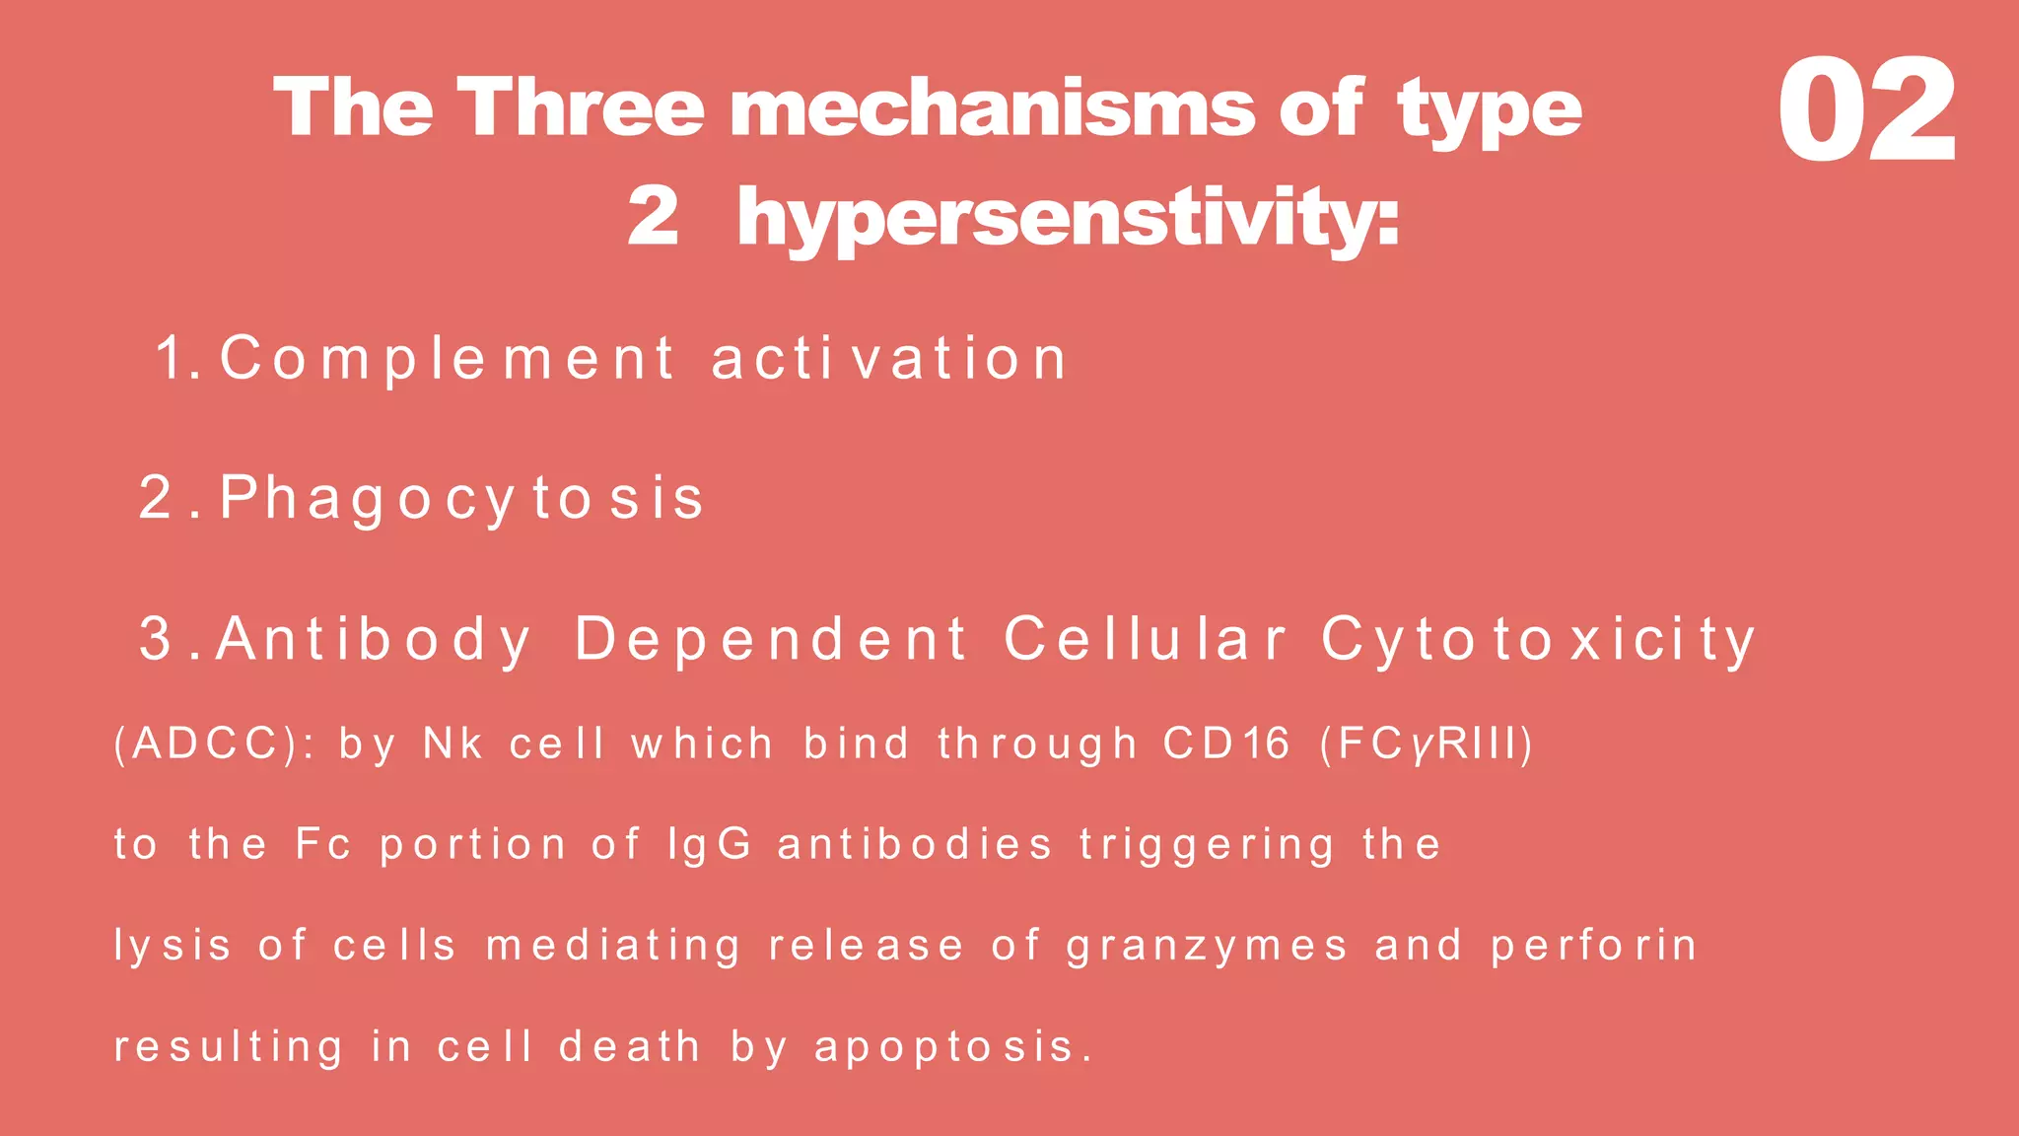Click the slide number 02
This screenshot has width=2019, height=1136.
tap(1865, 110)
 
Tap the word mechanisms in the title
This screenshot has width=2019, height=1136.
tap(992, 108)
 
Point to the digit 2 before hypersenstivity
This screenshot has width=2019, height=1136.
tap(654, 217)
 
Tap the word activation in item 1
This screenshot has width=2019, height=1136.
tap(889, 358)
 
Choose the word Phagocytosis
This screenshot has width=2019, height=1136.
tap(460, 498)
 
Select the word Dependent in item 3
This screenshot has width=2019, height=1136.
tap(771, 639)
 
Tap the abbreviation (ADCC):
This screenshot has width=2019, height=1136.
tap(213, 744)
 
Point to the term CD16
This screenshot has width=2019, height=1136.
tap(1225, 744)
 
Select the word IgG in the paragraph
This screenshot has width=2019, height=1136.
tap(710, 845)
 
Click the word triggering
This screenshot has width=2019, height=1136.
tap(1207, 845)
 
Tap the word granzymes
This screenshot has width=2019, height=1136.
tap(1207, 947)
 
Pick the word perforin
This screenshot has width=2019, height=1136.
tap(1593, 946)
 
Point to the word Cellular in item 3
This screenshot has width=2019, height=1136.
tap(1145, 639)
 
